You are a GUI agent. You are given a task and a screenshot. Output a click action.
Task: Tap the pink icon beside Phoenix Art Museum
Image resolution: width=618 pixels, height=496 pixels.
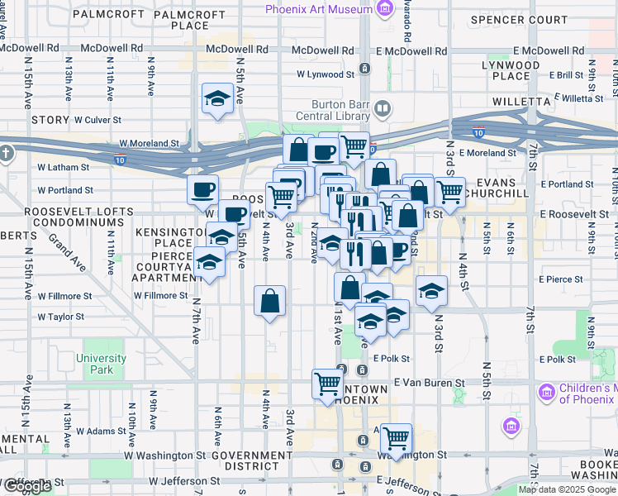tap(383, 9)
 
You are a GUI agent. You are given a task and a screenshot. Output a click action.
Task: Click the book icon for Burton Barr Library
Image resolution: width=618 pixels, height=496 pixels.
tap(382, 108)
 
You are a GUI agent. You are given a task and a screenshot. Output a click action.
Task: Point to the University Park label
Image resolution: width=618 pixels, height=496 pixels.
tap(101, 364)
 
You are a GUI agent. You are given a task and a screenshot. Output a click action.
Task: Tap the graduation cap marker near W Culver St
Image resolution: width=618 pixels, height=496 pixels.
tap(217, 98)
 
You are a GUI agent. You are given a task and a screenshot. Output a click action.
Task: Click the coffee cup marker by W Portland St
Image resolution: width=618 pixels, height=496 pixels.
tap(202, 191)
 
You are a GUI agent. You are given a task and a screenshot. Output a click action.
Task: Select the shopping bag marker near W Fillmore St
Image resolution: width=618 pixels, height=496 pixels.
tap(270, 301)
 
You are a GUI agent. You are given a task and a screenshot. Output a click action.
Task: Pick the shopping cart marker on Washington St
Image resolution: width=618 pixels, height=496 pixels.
tap(397, 437)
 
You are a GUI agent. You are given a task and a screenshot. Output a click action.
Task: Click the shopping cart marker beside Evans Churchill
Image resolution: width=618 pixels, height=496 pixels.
tap(449, 192)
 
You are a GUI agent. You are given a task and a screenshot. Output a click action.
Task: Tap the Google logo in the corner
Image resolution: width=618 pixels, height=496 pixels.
tap(27, 486)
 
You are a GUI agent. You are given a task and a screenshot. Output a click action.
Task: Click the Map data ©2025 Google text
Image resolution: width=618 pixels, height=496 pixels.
tap(567, 489)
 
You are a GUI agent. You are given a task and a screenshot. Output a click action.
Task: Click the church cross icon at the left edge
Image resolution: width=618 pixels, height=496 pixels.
tap(7, 153)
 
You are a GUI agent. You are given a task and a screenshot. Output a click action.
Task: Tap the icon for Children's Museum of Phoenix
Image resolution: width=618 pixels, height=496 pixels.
tap(546, 391)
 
